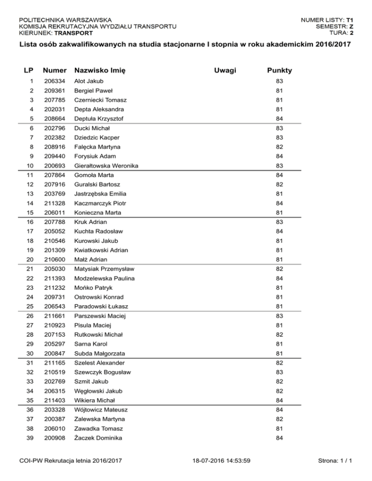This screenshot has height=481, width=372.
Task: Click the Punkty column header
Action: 279,71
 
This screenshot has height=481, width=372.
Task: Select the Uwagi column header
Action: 225,71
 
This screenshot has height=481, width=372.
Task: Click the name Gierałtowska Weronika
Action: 106,166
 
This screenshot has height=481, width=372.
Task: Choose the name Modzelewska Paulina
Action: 104,279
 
